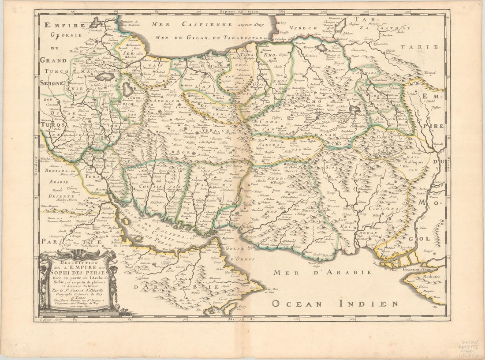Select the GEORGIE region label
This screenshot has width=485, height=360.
pyautogui.click(x=67, y=35)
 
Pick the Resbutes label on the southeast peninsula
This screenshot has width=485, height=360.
pyautogui.click(x=431, y=277)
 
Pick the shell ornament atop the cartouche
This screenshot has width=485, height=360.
pyautogui.click(x=78, y=255)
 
